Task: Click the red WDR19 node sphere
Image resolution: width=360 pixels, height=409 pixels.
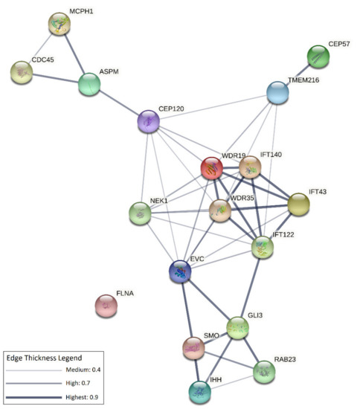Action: (212, 169)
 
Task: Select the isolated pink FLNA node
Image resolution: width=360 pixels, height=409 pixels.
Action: (107, 305)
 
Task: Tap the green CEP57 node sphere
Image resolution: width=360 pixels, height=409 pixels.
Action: (319, 56)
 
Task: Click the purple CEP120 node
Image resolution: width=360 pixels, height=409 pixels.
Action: (150, 120)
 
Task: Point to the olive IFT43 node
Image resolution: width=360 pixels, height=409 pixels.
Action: (299, 204)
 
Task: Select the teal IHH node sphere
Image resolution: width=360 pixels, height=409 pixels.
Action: (199, 390)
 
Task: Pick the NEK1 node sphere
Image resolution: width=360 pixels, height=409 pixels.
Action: (140, 214)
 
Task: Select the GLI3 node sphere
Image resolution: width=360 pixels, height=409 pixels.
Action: (237, 326)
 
